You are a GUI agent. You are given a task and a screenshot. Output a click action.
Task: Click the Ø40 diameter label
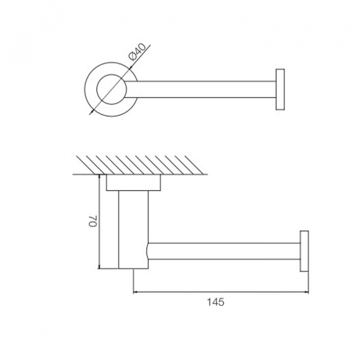(138, 52)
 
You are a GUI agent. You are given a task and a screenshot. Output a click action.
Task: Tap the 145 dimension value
(215, 302)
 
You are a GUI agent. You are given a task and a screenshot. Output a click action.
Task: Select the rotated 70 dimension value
(94, 221)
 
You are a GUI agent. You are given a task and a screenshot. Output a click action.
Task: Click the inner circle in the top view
(112, 89)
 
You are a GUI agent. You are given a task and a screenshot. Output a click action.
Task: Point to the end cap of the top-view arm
(280, 89)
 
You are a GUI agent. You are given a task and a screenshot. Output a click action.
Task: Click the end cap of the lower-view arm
(304, 251)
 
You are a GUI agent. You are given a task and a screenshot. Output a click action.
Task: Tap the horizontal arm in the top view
(200, 89)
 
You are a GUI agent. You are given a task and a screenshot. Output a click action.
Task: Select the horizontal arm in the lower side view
(224, 251)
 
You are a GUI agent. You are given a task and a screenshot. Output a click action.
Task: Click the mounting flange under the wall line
(133, 182)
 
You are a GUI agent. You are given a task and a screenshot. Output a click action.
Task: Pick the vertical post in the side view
(133, 230)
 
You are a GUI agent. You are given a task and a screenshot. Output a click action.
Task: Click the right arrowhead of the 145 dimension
(307, 292)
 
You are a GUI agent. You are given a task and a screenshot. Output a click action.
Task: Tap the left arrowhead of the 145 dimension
(135, 292)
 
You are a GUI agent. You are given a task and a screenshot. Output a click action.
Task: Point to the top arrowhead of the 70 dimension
(99, 176)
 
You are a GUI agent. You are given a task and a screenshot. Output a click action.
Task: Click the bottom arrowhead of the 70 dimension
(99, 266)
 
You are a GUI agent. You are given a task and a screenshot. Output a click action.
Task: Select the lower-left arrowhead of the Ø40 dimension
(91, 112)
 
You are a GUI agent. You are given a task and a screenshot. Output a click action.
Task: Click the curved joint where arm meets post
(148, 251)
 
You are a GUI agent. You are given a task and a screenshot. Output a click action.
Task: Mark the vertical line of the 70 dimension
(99, 221)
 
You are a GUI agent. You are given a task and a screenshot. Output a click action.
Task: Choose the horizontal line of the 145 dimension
(221, 292)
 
